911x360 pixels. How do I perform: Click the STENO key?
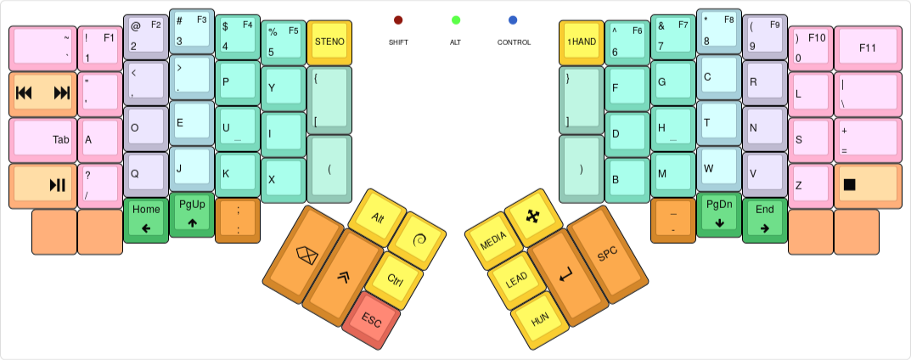tap(329, 42)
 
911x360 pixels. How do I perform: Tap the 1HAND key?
tap(582, 42)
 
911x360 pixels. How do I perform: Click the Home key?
tap(146, 218)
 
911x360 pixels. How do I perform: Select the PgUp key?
tap(192, 213)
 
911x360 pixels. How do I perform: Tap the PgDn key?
tap(719, 213)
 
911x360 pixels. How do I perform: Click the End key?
tap(765, 218)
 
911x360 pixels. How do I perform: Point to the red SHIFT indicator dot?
tap(398, 20)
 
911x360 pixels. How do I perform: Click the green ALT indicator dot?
tap(456, 20)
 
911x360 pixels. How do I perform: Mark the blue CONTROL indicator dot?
tap(513, 20)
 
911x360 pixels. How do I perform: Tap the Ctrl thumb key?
tap(394, 279)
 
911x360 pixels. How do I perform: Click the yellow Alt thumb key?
tap(377, 217)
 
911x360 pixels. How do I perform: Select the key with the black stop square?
tap(868, 184)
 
